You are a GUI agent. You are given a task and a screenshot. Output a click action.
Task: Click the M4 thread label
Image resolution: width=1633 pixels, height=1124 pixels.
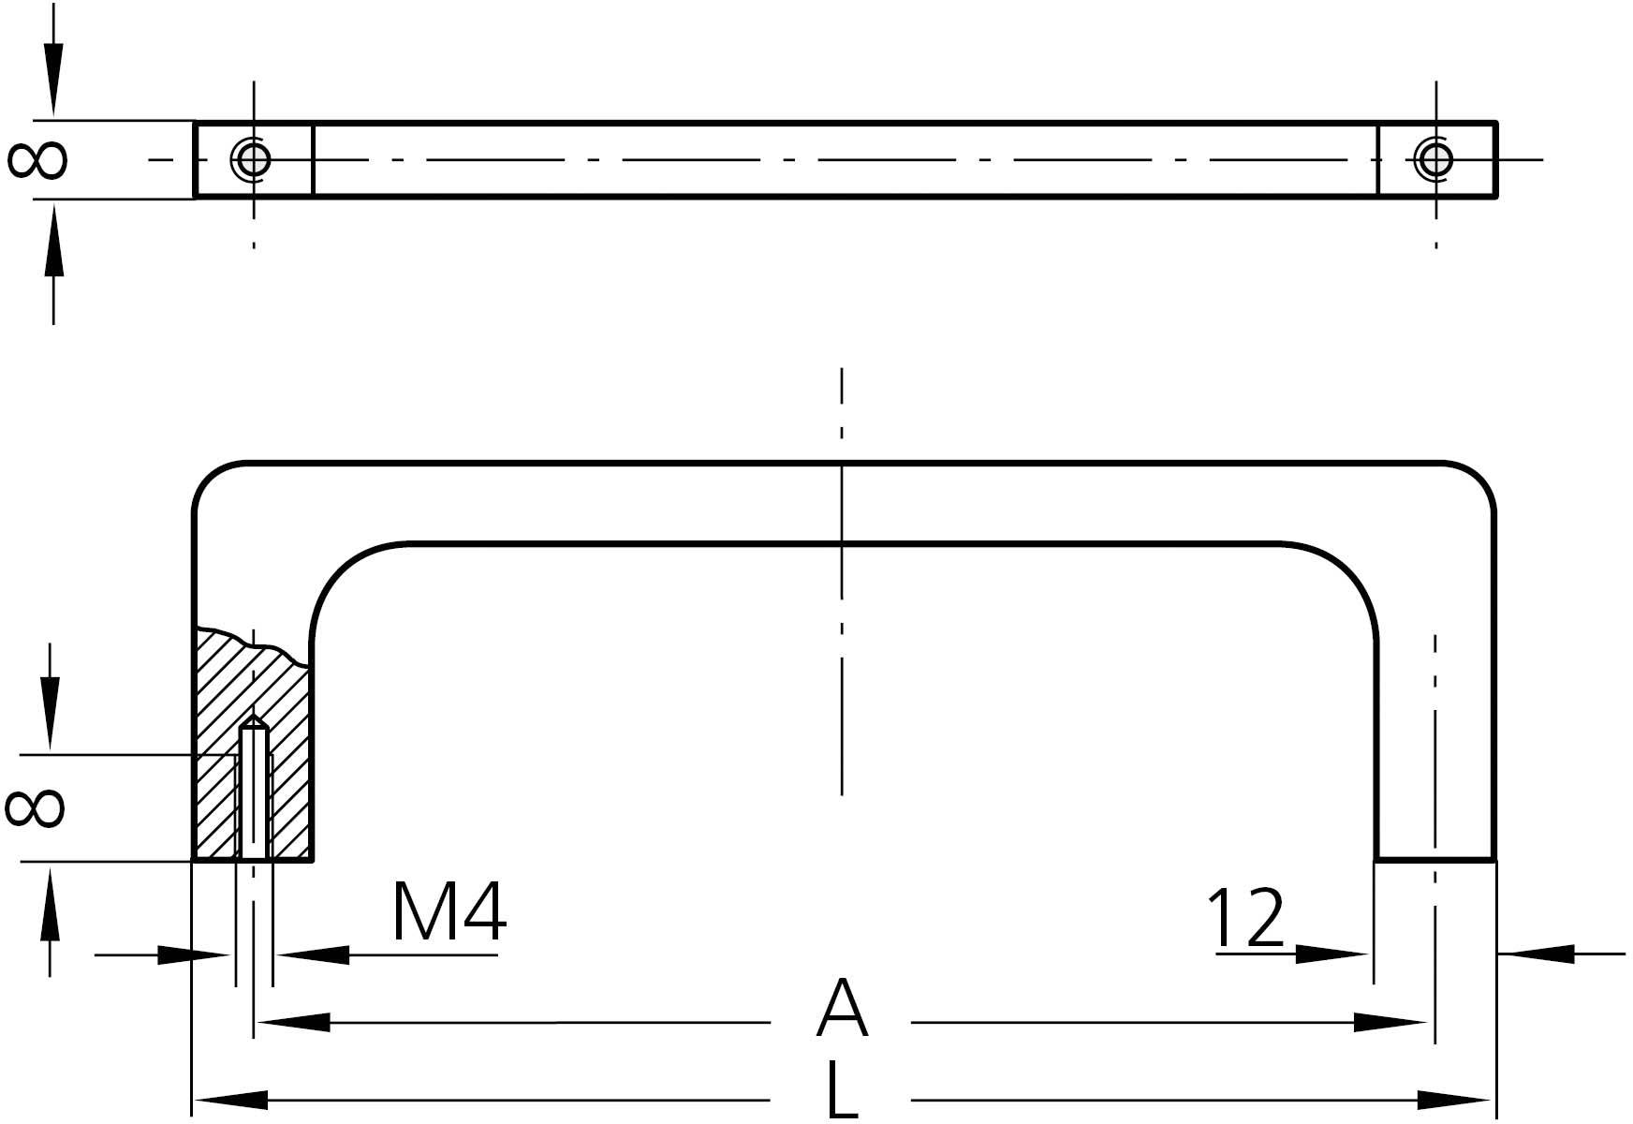pos(449,910)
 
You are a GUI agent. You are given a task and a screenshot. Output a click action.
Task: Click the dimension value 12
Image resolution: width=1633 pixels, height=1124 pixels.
pos(1244,918)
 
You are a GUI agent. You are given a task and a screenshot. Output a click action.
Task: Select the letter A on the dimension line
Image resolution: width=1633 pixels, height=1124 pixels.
pos(842,1008)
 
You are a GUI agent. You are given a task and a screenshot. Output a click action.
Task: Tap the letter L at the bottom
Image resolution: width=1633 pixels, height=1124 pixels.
pos(843,1089)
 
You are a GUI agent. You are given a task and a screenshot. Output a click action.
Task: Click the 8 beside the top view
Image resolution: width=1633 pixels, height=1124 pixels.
pos(37,159)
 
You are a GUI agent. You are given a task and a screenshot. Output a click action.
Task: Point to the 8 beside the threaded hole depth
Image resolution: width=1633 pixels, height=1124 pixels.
pos(35,807)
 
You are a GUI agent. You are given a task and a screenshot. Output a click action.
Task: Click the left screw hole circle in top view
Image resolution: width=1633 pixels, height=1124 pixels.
pos(253,159)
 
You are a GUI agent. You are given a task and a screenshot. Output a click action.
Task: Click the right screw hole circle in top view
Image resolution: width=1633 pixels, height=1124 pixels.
pos(1435,159)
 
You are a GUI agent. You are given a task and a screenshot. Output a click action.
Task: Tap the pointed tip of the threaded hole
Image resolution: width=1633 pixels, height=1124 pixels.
pos(254,719)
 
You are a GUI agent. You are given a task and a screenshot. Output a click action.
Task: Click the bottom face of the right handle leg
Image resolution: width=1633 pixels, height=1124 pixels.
pos(1434,858)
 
